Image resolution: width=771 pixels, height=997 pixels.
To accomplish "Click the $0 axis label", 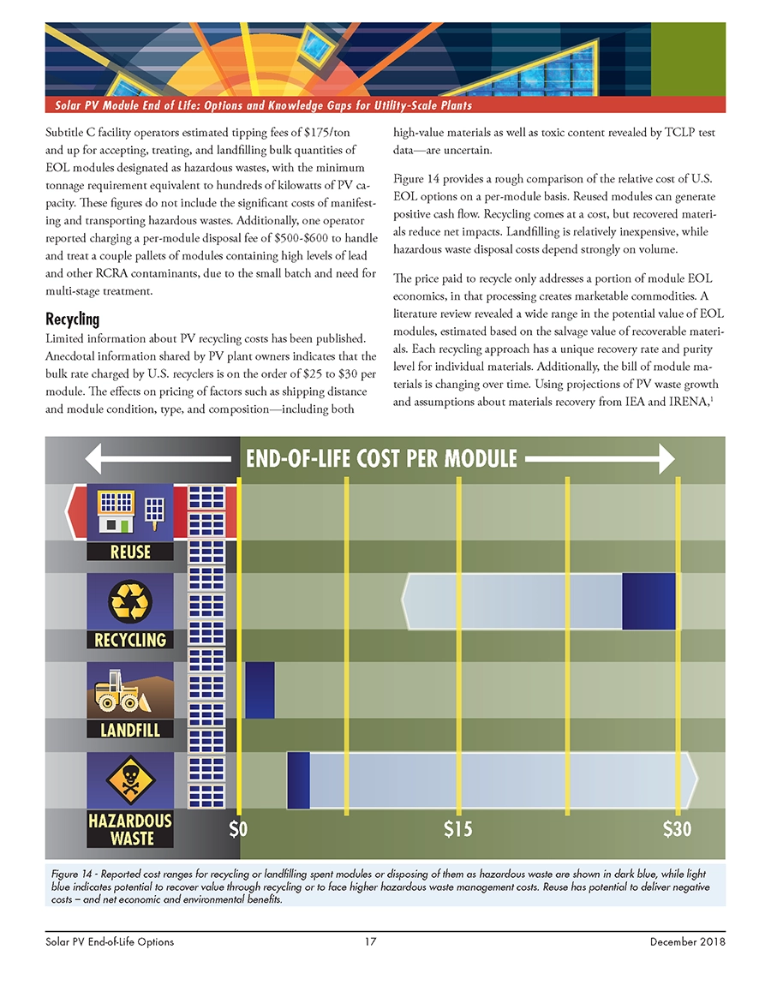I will (238, 829).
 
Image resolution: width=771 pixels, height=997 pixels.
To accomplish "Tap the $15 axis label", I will (458, 829).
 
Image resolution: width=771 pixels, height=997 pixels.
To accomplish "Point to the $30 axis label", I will (678, 829).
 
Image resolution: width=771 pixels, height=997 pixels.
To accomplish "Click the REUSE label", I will (130, 552).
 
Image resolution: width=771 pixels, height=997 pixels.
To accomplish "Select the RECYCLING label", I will (130, 639).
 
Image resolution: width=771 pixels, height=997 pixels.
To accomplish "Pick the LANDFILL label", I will (130, 729).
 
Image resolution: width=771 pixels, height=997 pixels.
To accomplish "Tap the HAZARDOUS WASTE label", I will (130, 829).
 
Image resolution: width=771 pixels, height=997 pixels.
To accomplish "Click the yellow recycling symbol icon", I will (130, 602).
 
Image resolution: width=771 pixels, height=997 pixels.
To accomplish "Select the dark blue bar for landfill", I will (260, 690).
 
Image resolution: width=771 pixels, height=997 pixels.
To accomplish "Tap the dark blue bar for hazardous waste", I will (298, 779).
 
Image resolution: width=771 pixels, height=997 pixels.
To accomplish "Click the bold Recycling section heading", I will (73, 319).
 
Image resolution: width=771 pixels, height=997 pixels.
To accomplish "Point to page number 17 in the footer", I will (370, 941).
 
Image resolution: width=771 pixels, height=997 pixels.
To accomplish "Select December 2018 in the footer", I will (688, 941).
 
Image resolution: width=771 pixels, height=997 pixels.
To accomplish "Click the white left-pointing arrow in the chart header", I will (163, 457).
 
